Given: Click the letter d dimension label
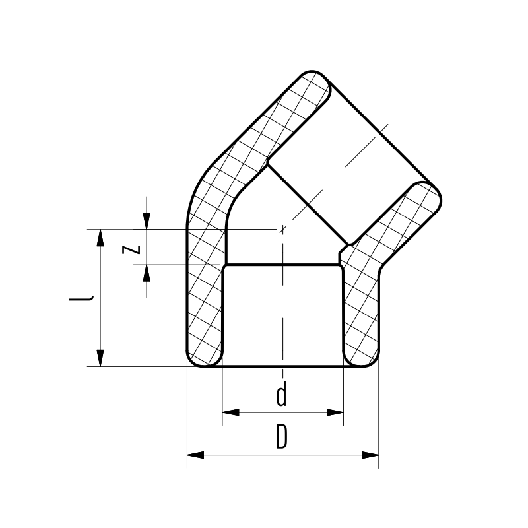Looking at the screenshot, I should point(282,396).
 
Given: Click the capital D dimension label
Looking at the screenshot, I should point(282,438).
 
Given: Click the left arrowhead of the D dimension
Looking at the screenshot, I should point(195,455).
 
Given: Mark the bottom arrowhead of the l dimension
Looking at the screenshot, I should point(100,358).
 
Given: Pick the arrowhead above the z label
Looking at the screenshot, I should point(147,221).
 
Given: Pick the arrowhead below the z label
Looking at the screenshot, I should point(147,272).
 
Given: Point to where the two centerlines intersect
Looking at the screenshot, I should point(282,230).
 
